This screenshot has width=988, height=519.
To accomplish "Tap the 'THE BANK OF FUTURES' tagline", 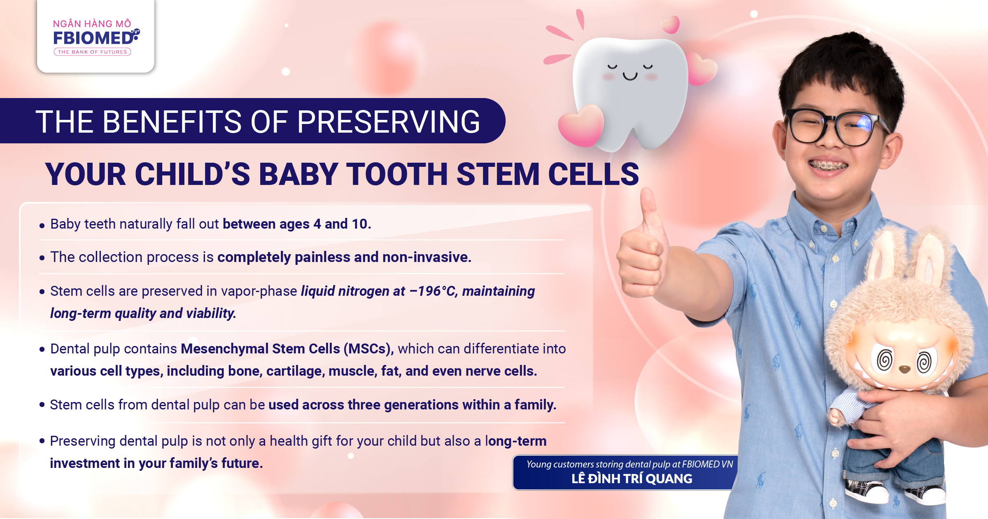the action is point(92,52).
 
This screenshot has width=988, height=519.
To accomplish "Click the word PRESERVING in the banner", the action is point(389,122).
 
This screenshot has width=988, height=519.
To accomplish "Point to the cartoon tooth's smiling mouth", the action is point(630,76).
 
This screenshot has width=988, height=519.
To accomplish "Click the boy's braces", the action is point(828,166).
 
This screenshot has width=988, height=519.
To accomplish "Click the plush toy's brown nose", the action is point(904,369).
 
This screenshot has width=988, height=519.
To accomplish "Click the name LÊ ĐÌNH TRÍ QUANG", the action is point(632,479).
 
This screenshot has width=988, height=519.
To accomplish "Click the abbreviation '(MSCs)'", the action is point(368,349).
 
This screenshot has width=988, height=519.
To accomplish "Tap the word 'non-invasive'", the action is point(427,257).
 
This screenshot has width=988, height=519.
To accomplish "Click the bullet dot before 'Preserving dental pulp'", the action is point(42,441).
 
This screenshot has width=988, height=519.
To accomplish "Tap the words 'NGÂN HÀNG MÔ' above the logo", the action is point(92,23).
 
